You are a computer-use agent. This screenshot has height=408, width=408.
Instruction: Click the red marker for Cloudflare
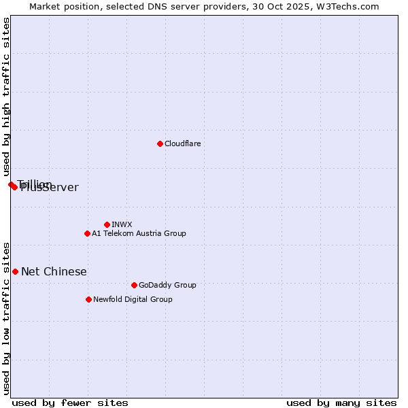pos(160,143)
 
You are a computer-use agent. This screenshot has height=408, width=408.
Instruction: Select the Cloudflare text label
pos(182,143)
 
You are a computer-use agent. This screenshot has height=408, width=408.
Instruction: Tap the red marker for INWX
pos(107,224)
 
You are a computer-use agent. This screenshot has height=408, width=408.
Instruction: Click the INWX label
pos(122,224)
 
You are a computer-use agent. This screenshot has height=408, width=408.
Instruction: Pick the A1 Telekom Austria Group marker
pos(87,233)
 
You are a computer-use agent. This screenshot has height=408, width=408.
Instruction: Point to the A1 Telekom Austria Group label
pos(139,233)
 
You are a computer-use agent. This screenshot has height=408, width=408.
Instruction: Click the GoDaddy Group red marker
pos(134,285)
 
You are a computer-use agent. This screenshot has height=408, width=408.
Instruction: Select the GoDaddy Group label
pos(167,285)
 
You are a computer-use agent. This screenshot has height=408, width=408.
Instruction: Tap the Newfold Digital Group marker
pos(88,299)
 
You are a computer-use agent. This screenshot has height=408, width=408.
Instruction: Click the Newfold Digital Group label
pos(133,299)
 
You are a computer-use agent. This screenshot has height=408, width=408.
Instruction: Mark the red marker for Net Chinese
pos(15,271)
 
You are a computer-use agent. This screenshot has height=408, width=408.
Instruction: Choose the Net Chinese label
pos(54,271)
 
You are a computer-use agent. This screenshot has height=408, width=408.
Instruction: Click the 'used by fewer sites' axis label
pos(70,403)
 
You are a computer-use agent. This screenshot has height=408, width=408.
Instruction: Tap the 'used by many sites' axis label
pos(341,403)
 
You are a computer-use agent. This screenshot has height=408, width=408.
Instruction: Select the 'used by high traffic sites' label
pos(6,97)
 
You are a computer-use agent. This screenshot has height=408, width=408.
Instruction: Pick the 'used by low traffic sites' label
pos(6,318)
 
